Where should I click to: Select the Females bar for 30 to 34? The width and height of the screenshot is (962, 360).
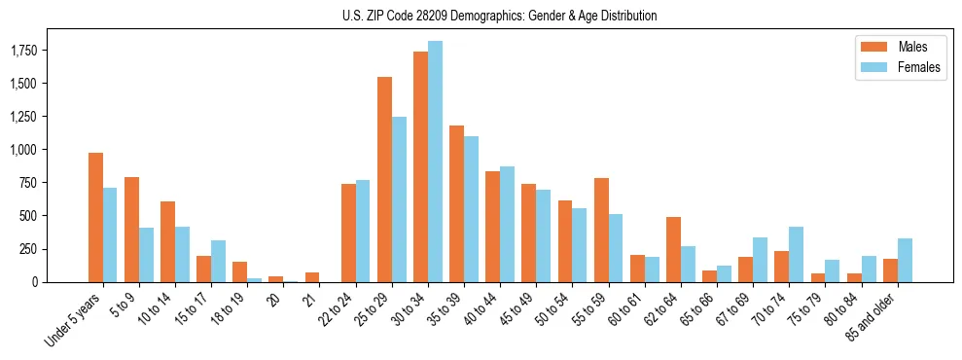(x=435, y=162)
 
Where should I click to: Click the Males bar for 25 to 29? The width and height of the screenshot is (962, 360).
(x=384, y=179)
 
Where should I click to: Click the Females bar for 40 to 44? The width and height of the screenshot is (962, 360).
(x=507, y=224)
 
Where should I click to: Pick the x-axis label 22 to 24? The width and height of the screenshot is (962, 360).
(x=341, y=307)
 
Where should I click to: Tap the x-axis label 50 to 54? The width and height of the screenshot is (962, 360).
(x=558, y=307)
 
